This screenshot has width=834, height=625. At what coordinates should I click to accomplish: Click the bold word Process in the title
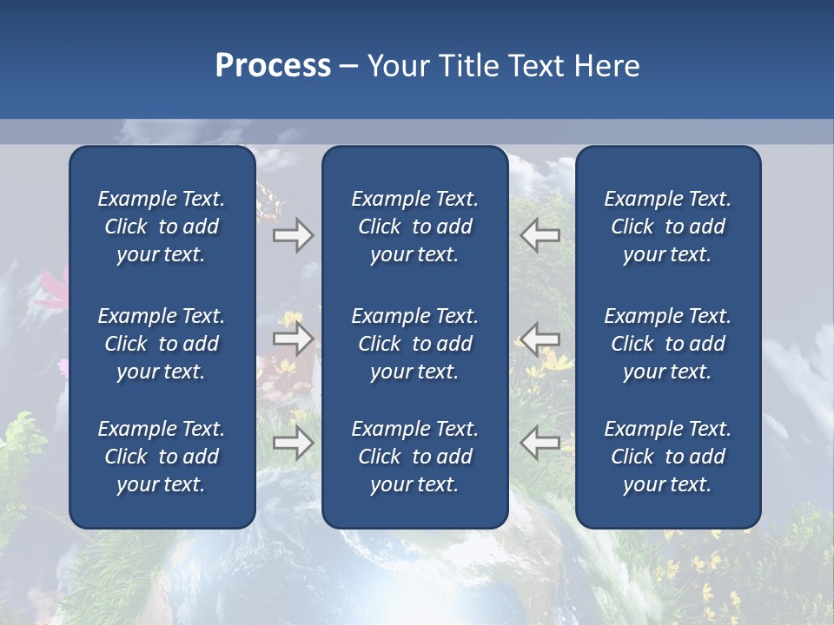tap(273, 66)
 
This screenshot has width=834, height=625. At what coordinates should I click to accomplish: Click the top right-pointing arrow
tap(293, 235)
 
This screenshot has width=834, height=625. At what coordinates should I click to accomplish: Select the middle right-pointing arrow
tap(293, 339)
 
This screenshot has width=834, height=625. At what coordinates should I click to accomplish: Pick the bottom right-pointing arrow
tap(293, 444)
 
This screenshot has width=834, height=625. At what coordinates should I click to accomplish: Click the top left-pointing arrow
tap(539, 235)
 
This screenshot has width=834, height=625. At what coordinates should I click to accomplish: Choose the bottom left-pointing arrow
tap(539, 443)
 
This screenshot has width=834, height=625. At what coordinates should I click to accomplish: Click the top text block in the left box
tap(162, 227)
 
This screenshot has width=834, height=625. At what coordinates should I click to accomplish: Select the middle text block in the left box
tap(162, 344)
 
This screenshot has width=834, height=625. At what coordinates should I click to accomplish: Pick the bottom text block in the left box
tap(162, 457)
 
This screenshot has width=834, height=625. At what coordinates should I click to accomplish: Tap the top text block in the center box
tap(414, 227)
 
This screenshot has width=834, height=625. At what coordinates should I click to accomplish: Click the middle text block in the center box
tap(414, 344)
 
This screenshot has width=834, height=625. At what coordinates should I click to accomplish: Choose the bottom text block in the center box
tap(414, 457)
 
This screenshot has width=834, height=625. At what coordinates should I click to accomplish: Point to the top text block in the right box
tap(667, 227)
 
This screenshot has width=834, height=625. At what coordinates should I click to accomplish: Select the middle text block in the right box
tap(667, 344)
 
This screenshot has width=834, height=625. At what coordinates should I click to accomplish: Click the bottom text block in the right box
tap(667, 457)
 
